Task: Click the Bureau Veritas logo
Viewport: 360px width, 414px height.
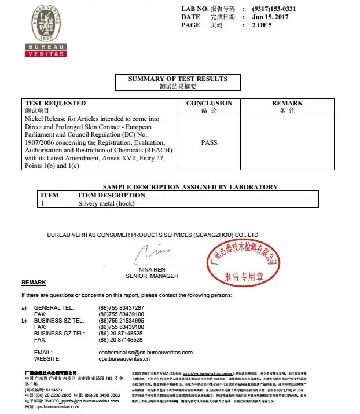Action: click(x=45, y=30)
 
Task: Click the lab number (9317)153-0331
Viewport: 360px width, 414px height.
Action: click(x=274, y=9)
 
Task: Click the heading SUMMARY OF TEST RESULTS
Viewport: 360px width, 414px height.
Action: click(x=178, y=79)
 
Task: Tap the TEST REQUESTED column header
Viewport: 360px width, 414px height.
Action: click(x=55, y=103)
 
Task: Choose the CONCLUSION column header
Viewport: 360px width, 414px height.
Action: click(x=209, y=103)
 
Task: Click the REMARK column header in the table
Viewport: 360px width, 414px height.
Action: click(x=287, y=103)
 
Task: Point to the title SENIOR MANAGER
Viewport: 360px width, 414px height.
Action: click(x=152, y=276)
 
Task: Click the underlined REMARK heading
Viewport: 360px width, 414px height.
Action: click(x=34, y=282)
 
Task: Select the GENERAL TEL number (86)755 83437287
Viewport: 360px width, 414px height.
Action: click(x=122, y=307)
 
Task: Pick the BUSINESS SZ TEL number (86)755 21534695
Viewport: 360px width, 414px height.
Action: click(x=122, y=320)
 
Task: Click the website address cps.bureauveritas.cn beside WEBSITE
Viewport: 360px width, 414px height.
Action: click(x=124, y=358)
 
